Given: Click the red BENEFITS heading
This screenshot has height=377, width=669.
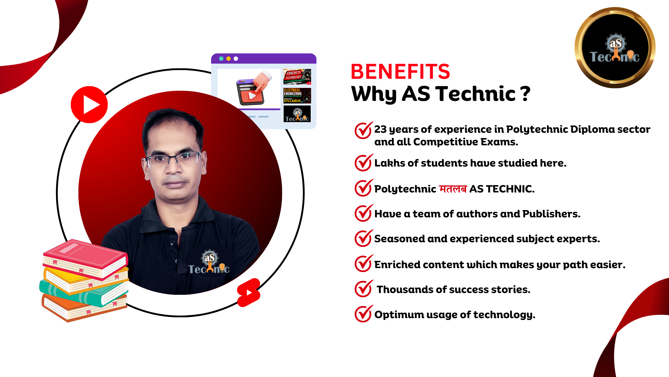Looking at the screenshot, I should [400, 72].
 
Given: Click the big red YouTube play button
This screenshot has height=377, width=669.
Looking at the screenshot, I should [89, 105].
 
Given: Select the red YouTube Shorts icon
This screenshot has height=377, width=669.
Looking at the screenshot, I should [249, 292].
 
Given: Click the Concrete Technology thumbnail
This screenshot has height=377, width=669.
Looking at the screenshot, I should [297, 77].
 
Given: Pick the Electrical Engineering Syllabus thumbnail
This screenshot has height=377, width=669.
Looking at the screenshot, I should [297, 96].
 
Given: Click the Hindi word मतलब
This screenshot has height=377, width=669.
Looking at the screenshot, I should [453, 189].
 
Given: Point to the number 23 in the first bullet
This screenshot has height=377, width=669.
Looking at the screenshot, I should [380, 129].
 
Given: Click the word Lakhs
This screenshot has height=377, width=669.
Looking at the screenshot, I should [390, 163].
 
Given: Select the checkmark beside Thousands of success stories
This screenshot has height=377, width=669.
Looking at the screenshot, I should [363, 289].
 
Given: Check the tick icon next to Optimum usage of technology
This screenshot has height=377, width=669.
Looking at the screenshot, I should [363, 314].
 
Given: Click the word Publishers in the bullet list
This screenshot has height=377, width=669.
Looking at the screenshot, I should [551, 214].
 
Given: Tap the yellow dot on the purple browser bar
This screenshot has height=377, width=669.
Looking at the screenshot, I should [228, 59].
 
